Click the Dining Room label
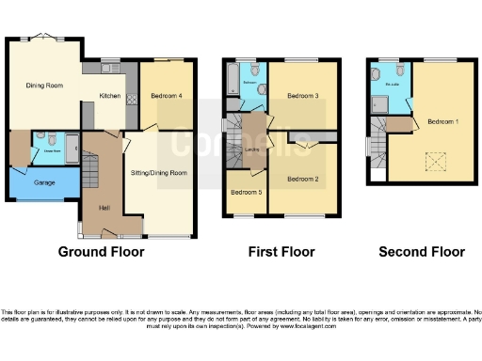pyautogui.click(x=44, y=86)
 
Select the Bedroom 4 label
pyautogui.click(x=166, y=94)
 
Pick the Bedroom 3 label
pyautogui.click(x=302, y=95)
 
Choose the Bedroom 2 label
pyautogui.click(x=302, y=178)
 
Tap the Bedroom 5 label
pyautogui.click(x=246, y=193)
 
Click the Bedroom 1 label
pyautogui.click(x=443, y=121)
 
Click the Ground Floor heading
pyautogui.click(x=101, y=252)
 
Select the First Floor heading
pyautogui.click(x=281, y=252)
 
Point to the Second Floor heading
pyautogui.click(x=422, y=252)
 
